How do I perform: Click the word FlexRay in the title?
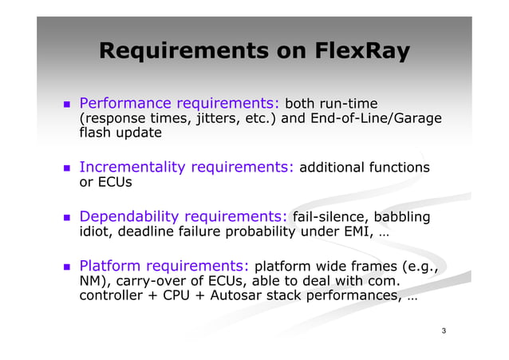[x=366, y=52]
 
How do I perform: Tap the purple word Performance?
[x=125, y=103]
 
